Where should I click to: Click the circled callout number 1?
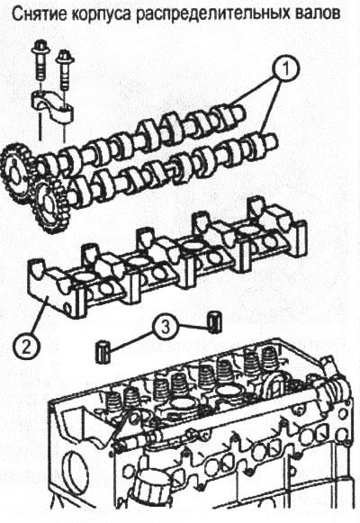click(x=285, y=68)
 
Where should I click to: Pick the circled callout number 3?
click(x=166, y=328)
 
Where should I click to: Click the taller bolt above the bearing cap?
click(x=40, y=62)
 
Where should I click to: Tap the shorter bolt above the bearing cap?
click(x=63, y=71)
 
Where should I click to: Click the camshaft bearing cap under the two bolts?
click(x=53, y=106)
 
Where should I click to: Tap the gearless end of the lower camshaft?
click(x=271, y=140)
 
